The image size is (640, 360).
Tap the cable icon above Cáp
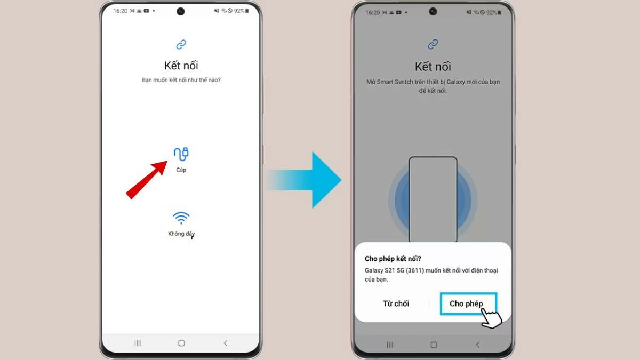point(181,154)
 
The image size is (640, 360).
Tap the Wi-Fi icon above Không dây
point(181,218)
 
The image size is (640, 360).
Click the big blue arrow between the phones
point(309,180)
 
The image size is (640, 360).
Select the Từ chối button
point(396,303)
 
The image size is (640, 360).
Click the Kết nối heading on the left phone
point(181,66)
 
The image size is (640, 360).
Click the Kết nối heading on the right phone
point(433,67)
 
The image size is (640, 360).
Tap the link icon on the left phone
point(181,44)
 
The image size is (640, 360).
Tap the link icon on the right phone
point(433,44)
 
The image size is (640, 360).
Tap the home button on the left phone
point(181,343)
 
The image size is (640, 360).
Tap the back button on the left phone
point(225,343)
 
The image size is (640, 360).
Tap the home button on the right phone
point(433,345)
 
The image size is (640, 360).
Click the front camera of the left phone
point(181,11)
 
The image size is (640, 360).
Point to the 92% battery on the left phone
point(239,11)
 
